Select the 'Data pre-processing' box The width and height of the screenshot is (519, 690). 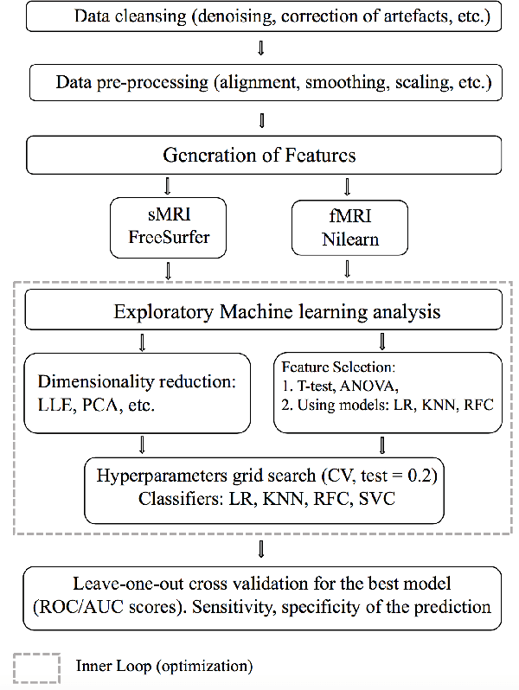(x=262, y=83)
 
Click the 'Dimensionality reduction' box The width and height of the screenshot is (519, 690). (x=140, y=392)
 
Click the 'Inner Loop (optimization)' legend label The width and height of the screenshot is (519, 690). (x=164, y=667)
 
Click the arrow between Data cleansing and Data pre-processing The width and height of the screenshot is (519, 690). (x=262, y=48)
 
